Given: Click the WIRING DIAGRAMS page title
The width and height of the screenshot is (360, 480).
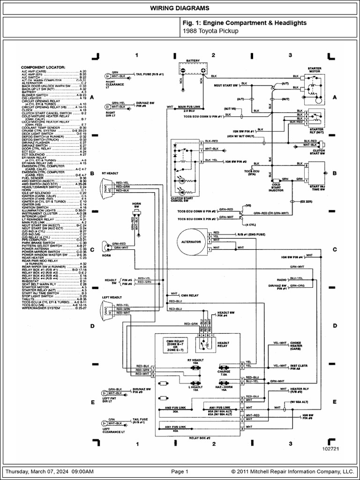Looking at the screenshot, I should (x=180, y=8).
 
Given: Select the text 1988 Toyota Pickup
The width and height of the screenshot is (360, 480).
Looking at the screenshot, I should (x=210, y=31).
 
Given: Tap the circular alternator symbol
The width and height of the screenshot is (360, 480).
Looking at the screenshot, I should (x=191, y=241).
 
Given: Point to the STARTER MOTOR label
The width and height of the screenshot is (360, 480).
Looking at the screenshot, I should (x=315, y=70).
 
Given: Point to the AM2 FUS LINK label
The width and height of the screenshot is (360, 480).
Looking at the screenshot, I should (x=174, y=407).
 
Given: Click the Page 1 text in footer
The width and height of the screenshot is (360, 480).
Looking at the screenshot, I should (x=180, y=472).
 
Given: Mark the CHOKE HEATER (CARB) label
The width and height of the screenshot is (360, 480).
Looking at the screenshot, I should (x=296, y=346).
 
